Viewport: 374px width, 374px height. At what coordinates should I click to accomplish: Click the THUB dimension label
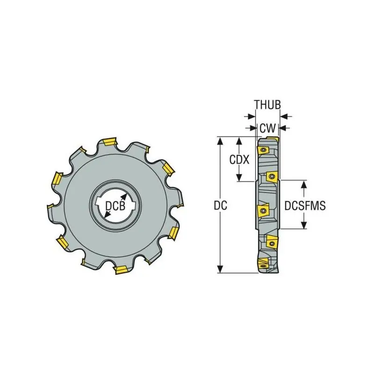(267, 105)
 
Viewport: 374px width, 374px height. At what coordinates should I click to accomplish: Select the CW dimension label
(267, 128)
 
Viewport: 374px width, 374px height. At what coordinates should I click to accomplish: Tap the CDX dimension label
(239, 159)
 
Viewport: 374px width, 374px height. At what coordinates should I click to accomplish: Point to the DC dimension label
(220, 205)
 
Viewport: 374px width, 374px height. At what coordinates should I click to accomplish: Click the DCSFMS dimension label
(305, 206)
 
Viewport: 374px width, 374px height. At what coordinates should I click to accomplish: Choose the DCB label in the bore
(115, 206)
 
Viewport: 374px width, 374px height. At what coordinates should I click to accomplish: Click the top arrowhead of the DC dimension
(221, 141)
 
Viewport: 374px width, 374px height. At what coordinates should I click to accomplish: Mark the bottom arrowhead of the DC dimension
(221, 269)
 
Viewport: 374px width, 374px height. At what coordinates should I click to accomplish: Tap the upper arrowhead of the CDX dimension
(239, 141)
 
